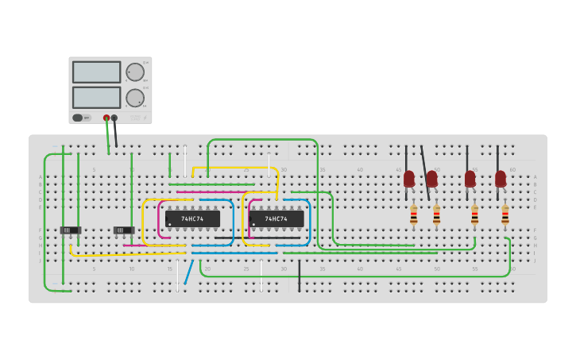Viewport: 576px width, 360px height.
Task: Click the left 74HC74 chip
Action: click(192, 219)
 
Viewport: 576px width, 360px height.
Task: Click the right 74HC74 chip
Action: click(276, 219)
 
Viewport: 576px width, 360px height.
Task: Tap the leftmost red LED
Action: click(409, 179)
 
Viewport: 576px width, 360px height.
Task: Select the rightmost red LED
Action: click(501, 179)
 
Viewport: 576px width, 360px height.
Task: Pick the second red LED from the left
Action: click(432, 179)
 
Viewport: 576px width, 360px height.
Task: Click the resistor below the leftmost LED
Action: click(414, 215)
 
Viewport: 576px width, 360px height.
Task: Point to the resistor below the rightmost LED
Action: click(505, 215)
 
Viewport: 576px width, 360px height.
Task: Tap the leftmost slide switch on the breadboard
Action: click(70, 230)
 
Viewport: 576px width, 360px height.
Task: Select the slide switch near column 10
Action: click(123, 230)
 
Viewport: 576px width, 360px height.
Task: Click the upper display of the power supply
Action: click(96, 72)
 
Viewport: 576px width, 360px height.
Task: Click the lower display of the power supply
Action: click(96, 97)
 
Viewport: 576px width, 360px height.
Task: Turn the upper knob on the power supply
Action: click(135, 72)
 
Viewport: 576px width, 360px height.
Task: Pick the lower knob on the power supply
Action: click(135, 98)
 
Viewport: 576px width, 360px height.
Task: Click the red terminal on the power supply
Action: click(106, 118)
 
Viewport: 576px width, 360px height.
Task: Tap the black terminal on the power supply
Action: click(114, 118)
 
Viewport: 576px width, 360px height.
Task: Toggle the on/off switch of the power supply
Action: click(79, 118)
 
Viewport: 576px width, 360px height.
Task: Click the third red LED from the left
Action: click(470, 179)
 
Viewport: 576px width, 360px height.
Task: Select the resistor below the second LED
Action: click(437, 215)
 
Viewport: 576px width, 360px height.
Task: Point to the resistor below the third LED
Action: click(475, 215)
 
